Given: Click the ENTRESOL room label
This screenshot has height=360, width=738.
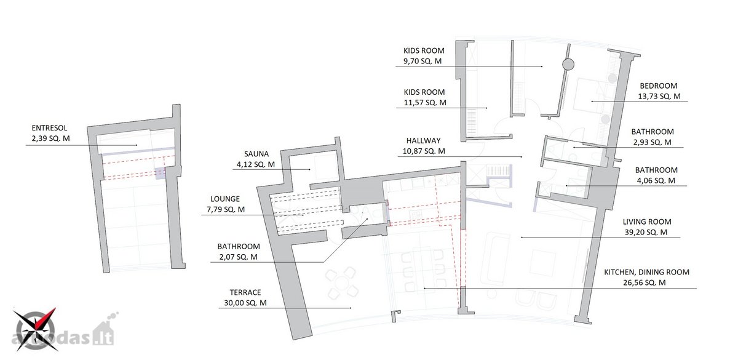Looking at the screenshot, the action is [49, 128].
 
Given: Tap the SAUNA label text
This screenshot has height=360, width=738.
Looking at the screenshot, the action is [256, 154].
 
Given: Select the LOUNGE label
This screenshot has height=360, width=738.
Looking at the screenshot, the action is [225, 199].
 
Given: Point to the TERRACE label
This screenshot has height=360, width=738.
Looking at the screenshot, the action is [245, 292].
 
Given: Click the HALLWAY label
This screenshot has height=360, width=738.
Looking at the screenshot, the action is [423, 141].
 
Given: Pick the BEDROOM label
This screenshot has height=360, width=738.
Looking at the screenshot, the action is [659, 86].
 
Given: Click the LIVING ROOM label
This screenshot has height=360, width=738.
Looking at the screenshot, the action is [647, 222].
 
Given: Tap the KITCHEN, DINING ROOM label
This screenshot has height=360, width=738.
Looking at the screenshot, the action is [646, 272].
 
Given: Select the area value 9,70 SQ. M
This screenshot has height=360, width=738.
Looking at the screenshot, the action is [423, 62].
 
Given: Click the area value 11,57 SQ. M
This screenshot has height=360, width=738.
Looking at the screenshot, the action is [425, 103].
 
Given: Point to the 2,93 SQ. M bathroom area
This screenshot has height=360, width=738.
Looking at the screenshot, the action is [652, 142].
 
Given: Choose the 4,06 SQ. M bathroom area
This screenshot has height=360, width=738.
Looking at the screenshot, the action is [656, 181].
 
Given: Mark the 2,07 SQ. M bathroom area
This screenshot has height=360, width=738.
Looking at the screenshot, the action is [238, 257].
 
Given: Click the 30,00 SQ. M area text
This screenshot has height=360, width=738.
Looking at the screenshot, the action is [245, 303].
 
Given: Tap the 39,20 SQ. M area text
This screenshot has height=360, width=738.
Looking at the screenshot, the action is [646, 233].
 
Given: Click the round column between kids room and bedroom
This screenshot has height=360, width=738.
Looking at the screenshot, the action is [568, 64].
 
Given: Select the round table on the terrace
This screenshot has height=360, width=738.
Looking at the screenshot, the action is [342, 283].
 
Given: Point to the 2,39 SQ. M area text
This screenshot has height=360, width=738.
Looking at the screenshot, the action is [50, 138].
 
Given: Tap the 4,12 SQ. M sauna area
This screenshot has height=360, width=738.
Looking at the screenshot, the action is [256, 164].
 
